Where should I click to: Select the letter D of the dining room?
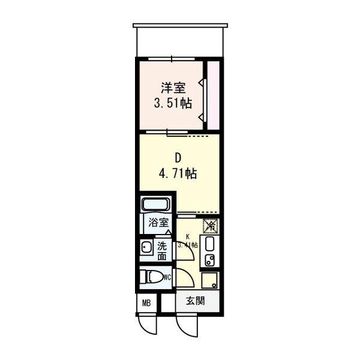(178, 158)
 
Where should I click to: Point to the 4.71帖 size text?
(178, 174)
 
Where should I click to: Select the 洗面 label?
(162, 250)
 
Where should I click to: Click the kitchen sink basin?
(209, 245)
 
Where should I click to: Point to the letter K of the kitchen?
(188, 237)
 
